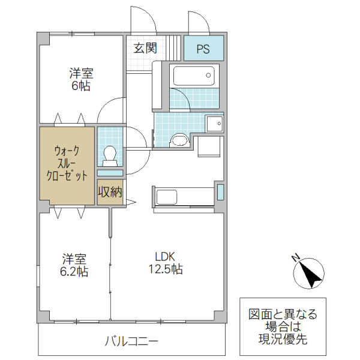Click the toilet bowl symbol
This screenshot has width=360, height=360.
click(x=110, y=154)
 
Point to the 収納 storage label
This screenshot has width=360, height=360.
click(x=110, y=193)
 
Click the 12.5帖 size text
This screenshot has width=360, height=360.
click(x=165, y=269)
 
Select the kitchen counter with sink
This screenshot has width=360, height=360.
click(x=185, y=197)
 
